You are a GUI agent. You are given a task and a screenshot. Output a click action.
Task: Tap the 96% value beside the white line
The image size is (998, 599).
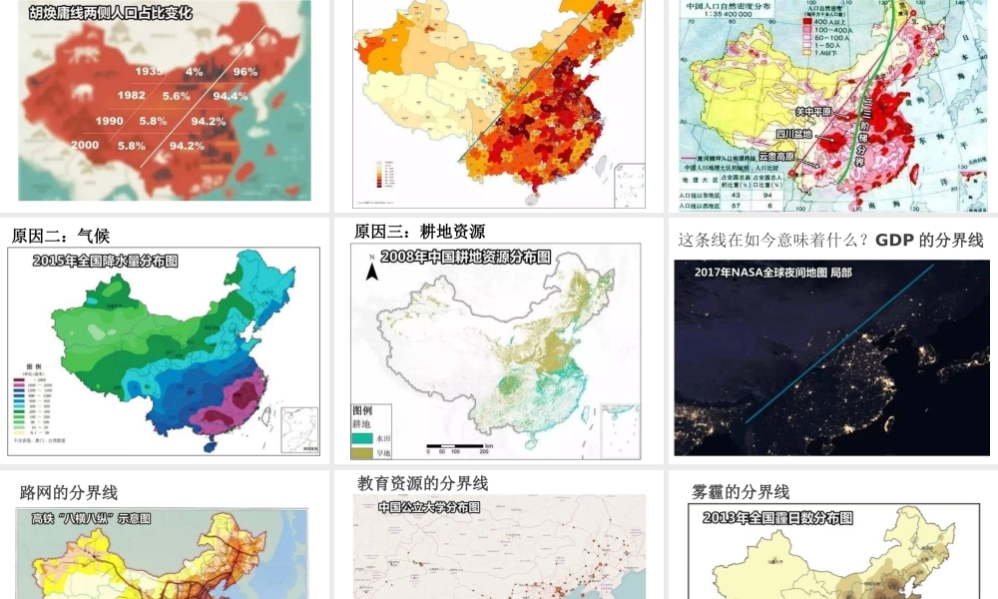pyautogui.click(x=246, y=71)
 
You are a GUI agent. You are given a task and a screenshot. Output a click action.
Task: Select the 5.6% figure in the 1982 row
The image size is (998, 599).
pyautogui.click(x=176, y=96)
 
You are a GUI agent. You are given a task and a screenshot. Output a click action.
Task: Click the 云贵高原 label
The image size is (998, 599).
pyautogui.click(x=778, y=157)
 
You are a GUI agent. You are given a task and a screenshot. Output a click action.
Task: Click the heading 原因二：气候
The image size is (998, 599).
pyautogui.click(x=61, y=237)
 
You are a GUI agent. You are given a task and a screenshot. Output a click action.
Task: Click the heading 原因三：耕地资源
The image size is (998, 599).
pyautogui.click(x=419, y=232)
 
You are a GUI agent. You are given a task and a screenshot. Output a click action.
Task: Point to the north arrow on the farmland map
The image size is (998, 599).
pyautogui.click(x=371, y=269)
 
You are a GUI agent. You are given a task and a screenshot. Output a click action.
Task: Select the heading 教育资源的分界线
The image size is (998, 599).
pyautogui.click(x=422, y=483)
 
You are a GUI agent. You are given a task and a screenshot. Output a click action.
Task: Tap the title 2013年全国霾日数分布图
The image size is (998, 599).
pyautogui.click(x=777, y=517)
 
